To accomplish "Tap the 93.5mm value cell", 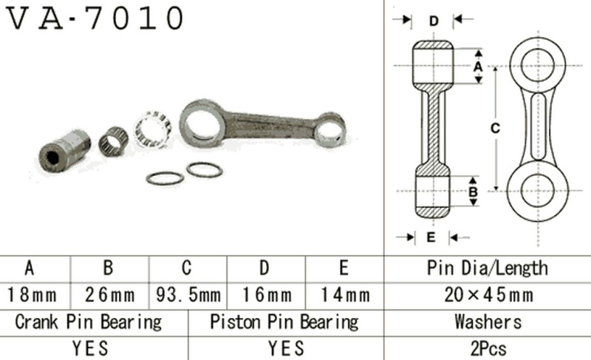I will [188, 295].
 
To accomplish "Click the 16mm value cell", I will [267, 295].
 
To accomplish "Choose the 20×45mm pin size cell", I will [488, 295].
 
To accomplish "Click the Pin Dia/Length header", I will [488, 268].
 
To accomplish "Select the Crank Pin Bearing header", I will [88, 322].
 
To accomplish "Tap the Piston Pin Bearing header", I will [284, 322].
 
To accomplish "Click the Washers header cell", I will [488, 322].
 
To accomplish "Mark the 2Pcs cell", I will [488, 347].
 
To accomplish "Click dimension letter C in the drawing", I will [496, 128].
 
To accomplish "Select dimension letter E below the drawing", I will [431, 237].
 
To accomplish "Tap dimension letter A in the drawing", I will [477, 67].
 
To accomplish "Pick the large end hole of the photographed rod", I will [202, 119].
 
